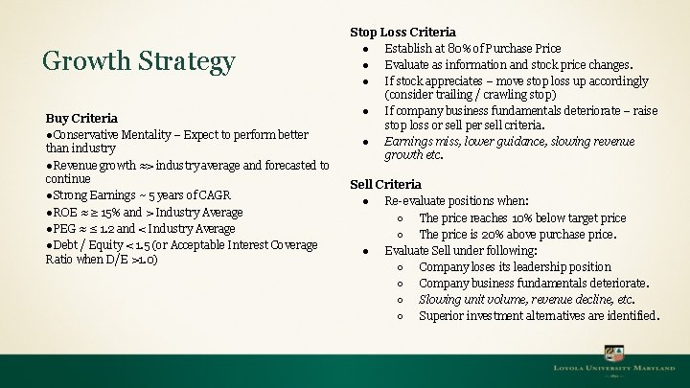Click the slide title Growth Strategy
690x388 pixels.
[x=139, y=62]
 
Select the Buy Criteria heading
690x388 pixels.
[x=81, y=118]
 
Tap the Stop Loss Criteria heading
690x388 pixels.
[x=402, y=33]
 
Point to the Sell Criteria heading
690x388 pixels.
[x=385, y=184]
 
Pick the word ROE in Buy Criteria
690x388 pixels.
[x=66, y=212]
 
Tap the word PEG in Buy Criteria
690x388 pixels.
[x=66, y=228]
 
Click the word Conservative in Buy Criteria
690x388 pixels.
[x=87, y=133]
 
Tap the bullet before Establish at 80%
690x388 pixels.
[x=367, y=49]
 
